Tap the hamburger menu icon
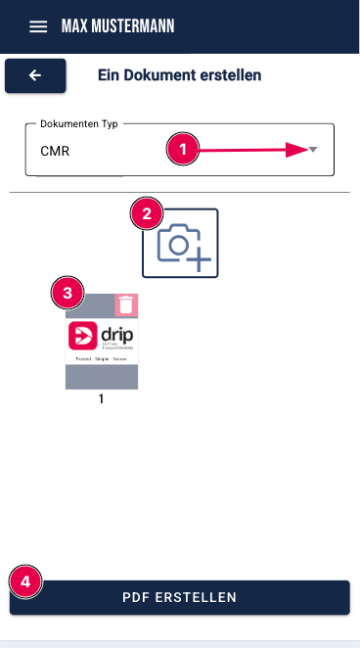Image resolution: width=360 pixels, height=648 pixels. pyautogui.click(x=38, y=26)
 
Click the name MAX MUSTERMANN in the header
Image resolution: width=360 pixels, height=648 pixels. pyautogui.click(x=117, y=26)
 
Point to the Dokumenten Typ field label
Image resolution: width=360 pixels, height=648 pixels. pyautogui.click(x=78, y=124)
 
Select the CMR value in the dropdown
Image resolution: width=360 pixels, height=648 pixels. pyautogui.click(x=55, y=152)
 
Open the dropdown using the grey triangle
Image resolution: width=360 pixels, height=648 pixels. pyautogui.click(x=313, y=150)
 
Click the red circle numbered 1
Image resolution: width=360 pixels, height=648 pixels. pyautogui.click(x=183, y=150)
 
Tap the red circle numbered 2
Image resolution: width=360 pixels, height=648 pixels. pyautogui.click(x=147, y=212)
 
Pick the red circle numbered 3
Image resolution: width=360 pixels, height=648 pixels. pyautogui.click(x=67, y=292)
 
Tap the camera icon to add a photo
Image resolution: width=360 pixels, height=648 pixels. pyautogui.click(x=181, y=245)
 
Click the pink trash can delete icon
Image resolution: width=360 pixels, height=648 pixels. pyautogui.click(x=126, y=305)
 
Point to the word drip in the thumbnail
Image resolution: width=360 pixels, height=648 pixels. pyautogui.click(x=116, y=336)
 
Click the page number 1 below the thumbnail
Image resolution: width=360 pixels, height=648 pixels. pyautogui.click(x=101, y=399)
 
